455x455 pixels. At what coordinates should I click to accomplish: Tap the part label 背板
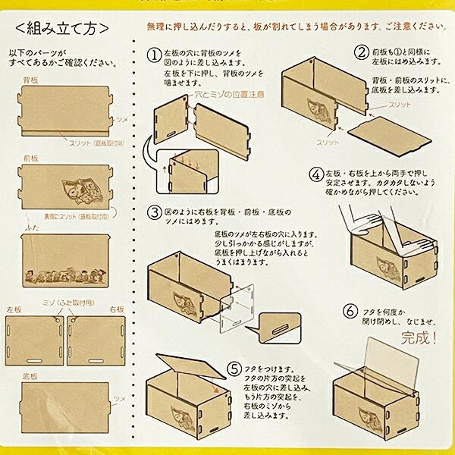coord(32,79)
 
